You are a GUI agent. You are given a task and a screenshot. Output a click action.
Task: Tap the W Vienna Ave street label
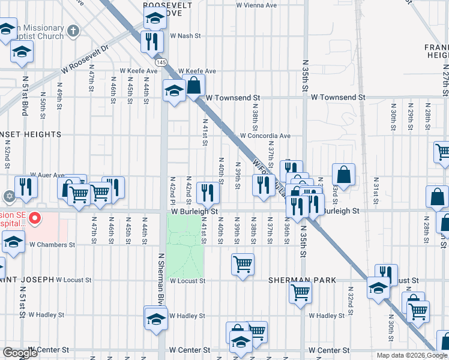(x=256, y=5)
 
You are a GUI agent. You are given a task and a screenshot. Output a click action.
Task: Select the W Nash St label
(x=185, y=36)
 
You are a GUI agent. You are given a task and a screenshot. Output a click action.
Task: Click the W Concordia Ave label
(x=265, y=136)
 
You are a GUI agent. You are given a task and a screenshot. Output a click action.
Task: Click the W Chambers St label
(x=52, y=245)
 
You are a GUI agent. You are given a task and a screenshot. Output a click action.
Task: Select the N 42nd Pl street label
(x=173, y=190)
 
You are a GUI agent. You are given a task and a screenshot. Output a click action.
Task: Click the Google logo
(x=20, y=353)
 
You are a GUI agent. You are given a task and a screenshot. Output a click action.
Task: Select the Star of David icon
(x=8, y=197)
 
